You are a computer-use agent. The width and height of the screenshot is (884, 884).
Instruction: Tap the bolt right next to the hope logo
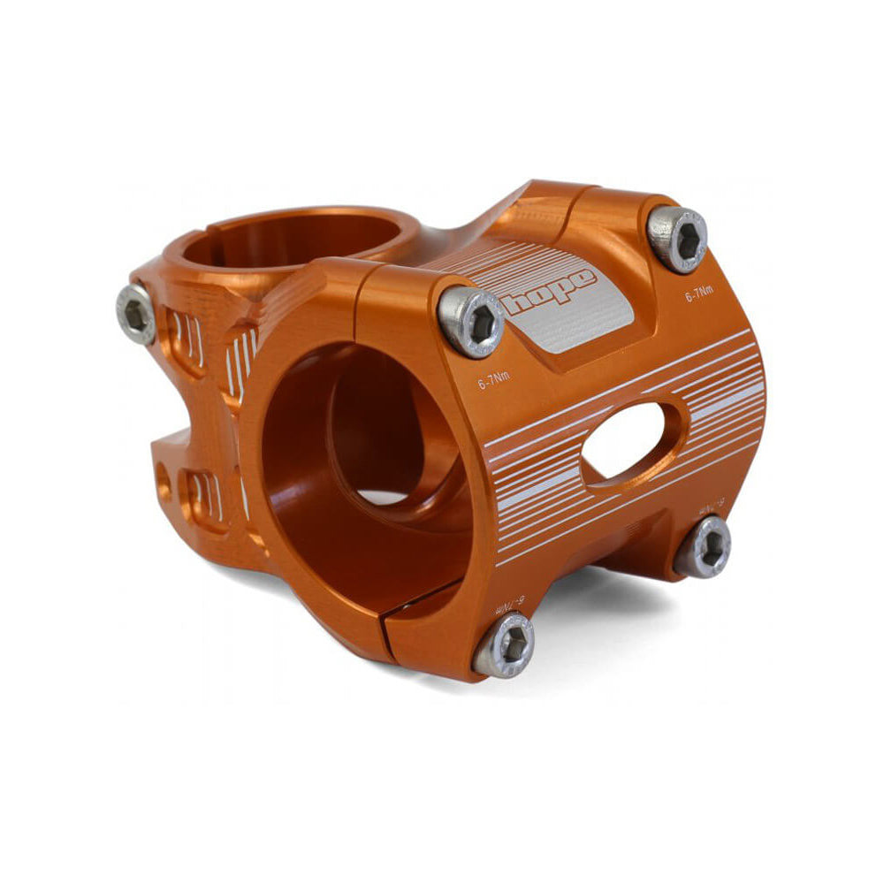point(471,321)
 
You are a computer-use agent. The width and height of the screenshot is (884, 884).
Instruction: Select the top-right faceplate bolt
point(678,238)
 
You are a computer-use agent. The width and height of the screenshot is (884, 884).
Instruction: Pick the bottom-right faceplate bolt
point(704,546)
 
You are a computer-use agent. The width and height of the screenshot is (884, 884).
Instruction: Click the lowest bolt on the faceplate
point(505,644)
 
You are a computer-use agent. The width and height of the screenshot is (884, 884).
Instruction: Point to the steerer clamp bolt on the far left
point(136,313)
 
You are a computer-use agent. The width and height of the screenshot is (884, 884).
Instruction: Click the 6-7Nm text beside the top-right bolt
point(699,297)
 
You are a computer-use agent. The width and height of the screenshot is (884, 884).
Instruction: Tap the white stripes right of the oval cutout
point(720,393)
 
